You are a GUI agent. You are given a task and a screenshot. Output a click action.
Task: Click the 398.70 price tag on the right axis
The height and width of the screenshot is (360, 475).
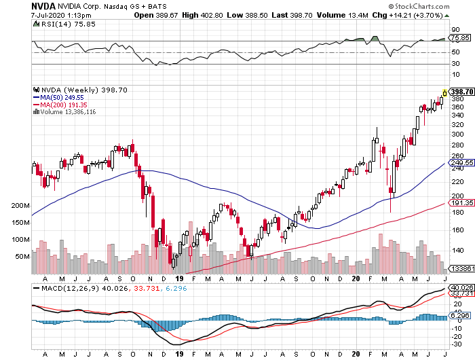coord(461,91)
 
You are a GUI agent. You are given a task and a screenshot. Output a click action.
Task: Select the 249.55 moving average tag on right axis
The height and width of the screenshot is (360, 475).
coord(460,163)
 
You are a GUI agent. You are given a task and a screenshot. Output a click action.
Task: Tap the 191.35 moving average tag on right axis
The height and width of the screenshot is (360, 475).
coord(460,202)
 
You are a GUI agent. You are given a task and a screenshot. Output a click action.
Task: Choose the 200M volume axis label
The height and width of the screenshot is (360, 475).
coord(21,206)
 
